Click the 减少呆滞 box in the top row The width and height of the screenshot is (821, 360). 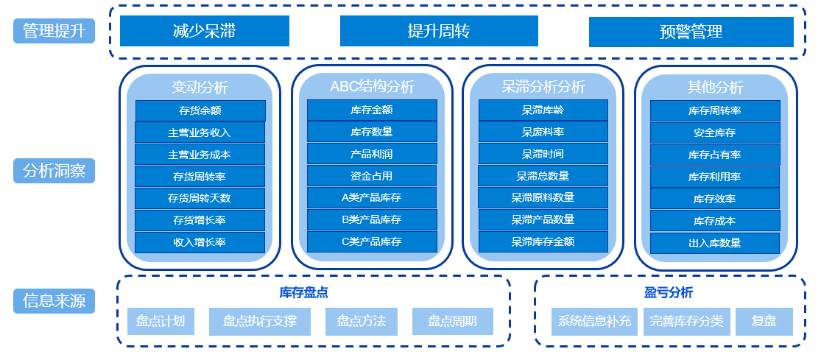click(205, 31)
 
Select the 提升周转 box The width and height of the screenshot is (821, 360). click(439, 31)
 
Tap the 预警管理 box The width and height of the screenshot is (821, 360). click(691, 32)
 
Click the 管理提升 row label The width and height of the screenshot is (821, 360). click(54, 31)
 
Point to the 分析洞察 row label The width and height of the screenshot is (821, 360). click(54, 172)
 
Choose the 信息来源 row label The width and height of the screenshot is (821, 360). click(54, 300)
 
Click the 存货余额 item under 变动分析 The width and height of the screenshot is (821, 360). click(200, 110)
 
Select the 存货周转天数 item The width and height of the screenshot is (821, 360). click(200, 198)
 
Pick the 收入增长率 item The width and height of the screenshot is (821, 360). click(200, 242)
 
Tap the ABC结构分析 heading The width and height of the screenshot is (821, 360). click(372, 87)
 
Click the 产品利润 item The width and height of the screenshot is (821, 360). click(372, 154)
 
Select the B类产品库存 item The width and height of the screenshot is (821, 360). click(372, 219)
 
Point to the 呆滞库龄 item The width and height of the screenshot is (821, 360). click(543, 110)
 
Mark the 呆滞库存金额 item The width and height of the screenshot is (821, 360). click(543, 241)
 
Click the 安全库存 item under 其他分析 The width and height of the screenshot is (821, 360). click(715, 133)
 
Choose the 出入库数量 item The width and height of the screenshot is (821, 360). click(715, 243)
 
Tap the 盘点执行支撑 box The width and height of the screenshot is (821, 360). click(260, 322)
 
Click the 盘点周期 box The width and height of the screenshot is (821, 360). click(452, 322)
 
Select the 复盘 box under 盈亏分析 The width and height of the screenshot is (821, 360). click(764, 322)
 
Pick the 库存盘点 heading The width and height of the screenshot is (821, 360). click(304, 292)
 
